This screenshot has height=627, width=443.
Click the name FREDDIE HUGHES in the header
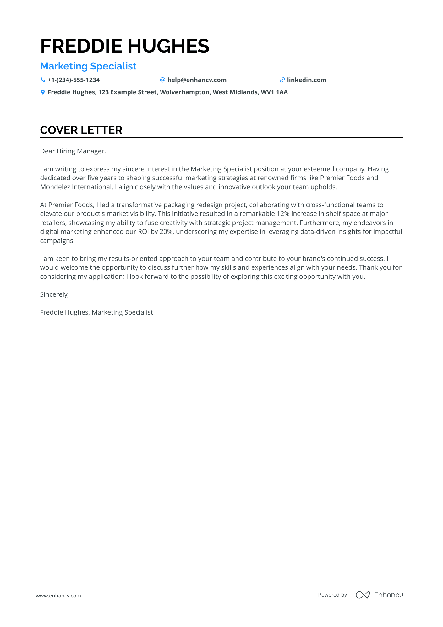(x=124, y=46)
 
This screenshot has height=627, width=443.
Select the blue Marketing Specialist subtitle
(x=88, y=66)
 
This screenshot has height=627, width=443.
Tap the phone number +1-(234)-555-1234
(x=74, y=80)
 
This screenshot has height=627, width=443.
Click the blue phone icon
(x=43, y=80)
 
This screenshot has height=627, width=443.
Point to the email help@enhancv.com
(x=197, y=80)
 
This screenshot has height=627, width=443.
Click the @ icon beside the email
(x=162, y=80)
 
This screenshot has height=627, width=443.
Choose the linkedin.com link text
(x=306, y=80)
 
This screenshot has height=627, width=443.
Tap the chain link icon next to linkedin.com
(x=282, y=80)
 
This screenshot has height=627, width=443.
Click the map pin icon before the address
(x=43, y=92)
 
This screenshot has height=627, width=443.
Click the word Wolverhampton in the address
(x=185, y=92)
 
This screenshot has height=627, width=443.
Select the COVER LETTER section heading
(x=81, y=130)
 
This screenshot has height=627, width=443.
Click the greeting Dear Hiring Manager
(x=73, y=151)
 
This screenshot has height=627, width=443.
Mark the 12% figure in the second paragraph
(x=283, y=214)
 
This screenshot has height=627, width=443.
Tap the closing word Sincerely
(x=54, y=294)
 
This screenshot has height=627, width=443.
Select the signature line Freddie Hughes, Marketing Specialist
(x=96, y=312)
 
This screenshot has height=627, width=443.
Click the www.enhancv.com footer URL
(x=58, y=596)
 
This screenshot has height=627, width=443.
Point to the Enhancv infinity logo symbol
(x=363, y=595)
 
